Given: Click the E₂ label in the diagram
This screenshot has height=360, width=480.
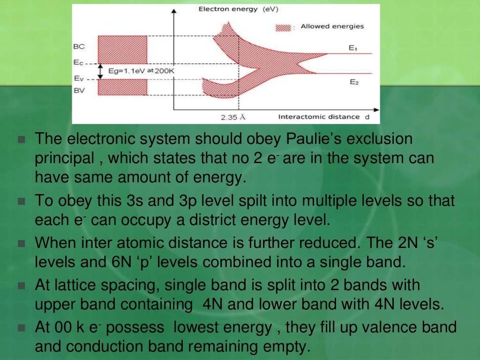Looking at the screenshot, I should [x=354, y=82].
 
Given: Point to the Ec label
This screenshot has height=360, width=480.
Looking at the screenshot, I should [x=78, y=62].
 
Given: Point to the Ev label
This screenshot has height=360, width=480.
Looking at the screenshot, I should [x=78, y=79].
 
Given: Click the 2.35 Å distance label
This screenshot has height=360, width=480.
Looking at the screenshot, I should [x=233, y=117].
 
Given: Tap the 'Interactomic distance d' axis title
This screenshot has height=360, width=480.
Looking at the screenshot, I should [x=323, y=117].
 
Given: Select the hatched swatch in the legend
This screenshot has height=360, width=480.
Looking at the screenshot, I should [x=283, y=27].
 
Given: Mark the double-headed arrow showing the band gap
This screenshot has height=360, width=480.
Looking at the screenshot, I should [x=100, y=71].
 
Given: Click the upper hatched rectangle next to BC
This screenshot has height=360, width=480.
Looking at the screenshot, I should [x=122, y=50].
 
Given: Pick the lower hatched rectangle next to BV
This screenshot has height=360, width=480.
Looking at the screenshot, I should [x=122, y=87].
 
